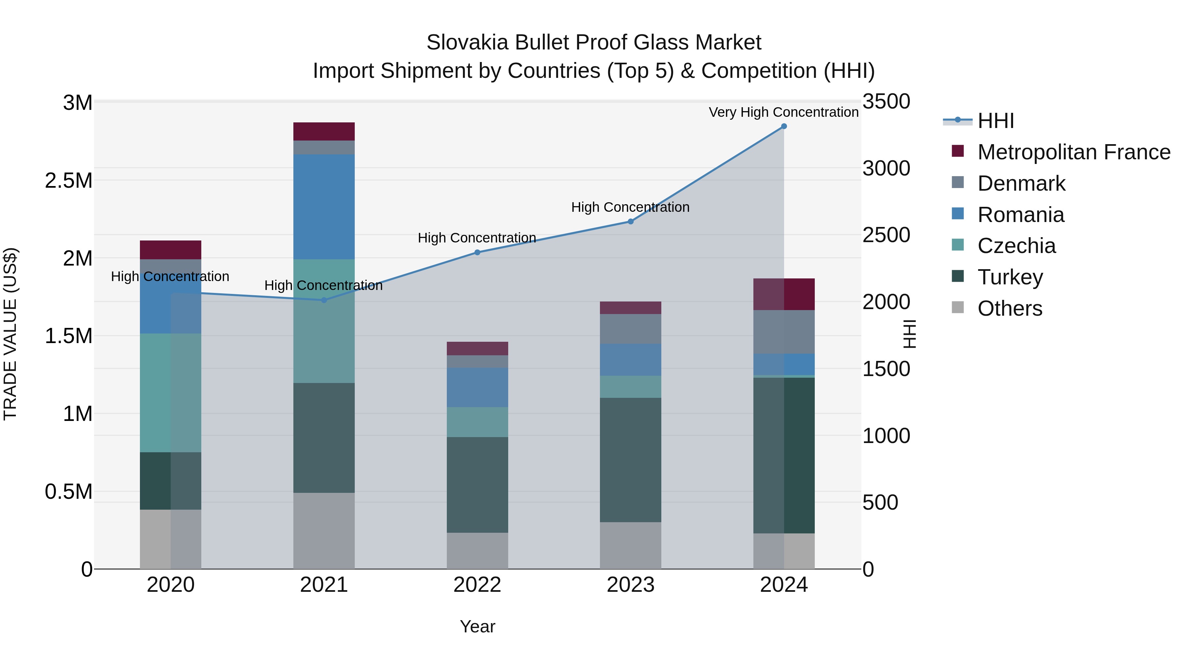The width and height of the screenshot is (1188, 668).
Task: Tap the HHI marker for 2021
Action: point(324,300)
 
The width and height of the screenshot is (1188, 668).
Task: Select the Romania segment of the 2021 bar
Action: point(324,207)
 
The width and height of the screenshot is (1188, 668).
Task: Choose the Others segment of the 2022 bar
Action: point(477,551)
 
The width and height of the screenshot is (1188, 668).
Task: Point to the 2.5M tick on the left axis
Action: point(68,181)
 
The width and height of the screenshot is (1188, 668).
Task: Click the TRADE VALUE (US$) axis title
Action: point(10,334)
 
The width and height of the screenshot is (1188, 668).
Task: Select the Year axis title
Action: point(477,626)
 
